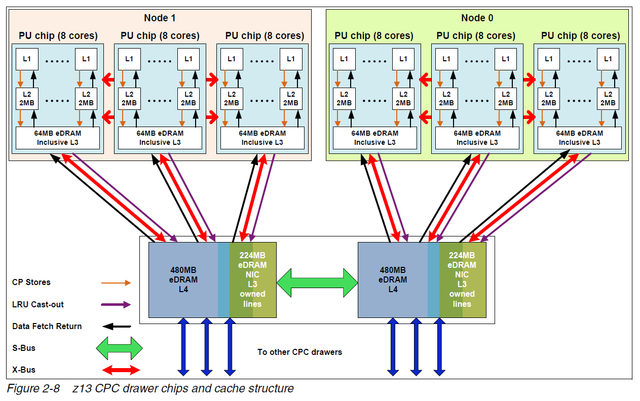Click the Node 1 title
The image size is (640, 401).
coord(160,18)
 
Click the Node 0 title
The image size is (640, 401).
coord(477,18)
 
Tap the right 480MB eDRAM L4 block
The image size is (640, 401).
coord(393,279)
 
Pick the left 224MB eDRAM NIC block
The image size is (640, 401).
coord(252,279)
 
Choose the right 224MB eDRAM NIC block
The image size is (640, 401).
coord(462,279)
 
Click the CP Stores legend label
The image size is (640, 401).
coord(31,283)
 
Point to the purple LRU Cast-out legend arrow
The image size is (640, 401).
coord(116,305)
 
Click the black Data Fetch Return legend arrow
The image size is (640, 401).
coord(116,327)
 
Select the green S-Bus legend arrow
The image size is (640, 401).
coord(119,348)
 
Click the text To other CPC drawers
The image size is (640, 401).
coord(299,352)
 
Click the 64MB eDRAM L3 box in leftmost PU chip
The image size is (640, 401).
coord(58,138)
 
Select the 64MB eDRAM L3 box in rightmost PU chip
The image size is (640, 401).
coord(579,138)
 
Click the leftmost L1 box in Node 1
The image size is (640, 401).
coord(27,59)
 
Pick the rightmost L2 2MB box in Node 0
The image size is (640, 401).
coord(608,98)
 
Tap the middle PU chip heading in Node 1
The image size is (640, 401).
coord(160,36)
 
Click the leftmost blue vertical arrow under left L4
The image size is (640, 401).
coord(183,347)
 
